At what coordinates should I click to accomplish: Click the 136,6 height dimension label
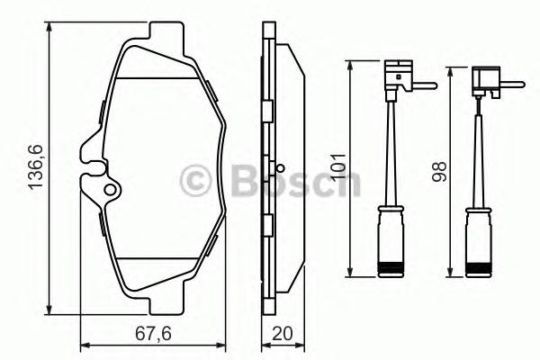36,167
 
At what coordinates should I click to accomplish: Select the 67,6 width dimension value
153,334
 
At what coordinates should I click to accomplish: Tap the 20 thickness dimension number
283,334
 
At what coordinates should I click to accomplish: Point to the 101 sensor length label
337,167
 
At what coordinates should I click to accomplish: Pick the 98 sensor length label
440,172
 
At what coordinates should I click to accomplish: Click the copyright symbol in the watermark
195,181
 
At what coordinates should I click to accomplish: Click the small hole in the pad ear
110,190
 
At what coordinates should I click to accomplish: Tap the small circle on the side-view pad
281,168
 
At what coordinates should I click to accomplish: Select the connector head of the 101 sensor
399,76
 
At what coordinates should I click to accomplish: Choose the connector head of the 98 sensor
486,81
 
